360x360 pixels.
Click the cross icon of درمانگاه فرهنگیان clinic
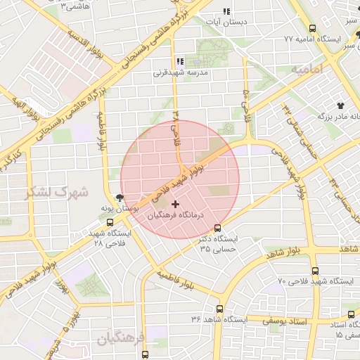click(x=175, y=204)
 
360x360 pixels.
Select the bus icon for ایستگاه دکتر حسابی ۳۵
click(x=217, y=228)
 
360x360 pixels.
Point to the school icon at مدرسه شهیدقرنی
click(x=180, y=62)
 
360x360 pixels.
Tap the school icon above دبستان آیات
click(x=226, y=11)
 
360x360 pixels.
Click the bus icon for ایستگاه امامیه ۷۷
click(x=312, y=28)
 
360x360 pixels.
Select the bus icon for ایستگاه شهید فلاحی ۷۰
click(x=314, y=271)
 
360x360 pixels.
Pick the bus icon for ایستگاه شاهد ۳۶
click(x=220, y=309)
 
